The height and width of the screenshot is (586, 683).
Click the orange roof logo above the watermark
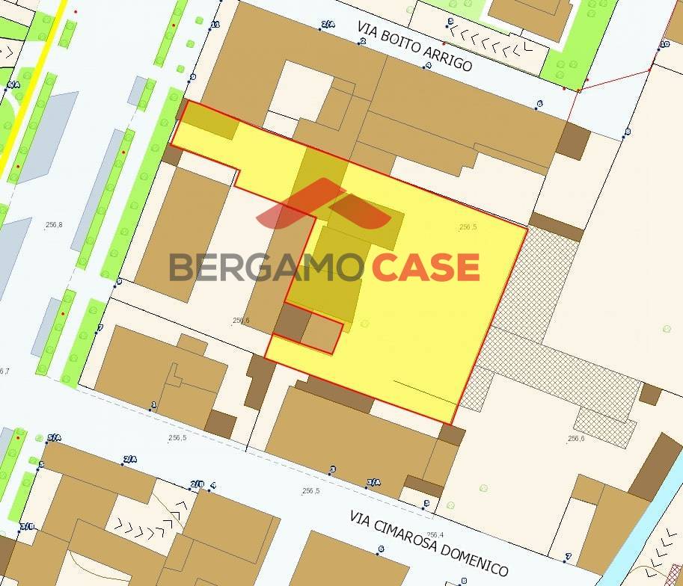323,204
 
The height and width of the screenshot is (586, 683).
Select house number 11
215,25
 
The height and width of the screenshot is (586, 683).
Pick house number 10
664,44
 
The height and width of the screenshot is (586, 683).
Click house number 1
153,405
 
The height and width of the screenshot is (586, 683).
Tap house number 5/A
54,438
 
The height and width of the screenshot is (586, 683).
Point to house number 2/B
197,484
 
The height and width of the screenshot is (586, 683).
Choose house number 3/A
373,482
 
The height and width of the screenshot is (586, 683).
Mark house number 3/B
27,526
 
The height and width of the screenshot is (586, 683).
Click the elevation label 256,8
54,224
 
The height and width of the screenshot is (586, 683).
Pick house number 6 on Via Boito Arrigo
539,104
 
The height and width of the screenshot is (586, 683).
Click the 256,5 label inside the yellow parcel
468,226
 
